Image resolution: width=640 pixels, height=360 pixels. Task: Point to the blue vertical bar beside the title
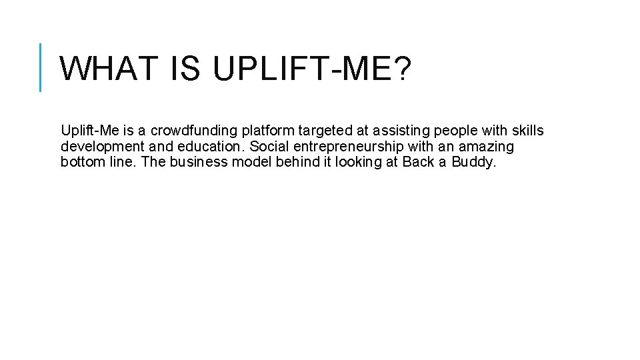pyautogui.click(x=41, y=67)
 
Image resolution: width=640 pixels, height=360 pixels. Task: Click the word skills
pyautogui.click(x=527, y=131)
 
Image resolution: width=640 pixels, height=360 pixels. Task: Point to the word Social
pyautogui.click(x=267, y=147)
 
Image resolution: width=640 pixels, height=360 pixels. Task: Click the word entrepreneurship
pyautogui.click(x=346, y=147)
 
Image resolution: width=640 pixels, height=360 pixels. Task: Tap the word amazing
pyautogui.click(x=486, y=147)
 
